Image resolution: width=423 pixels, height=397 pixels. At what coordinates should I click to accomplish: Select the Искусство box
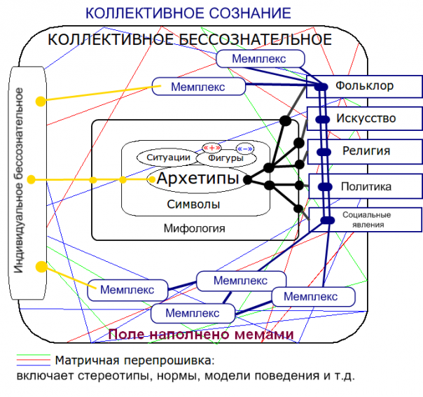click(x=366, y=118)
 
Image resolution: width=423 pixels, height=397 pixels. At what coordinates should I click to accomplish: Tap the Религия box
click(x=366, y=151)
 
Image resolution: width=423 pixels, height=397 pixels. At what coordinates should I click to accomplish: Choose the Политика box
click(x=366, y=187)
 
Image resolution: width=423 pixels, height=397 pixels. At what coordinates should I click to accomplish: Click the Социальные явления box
click(x=366, y=219)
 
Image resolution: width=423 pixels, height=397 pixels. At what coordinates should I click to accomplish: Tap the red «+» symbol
click(x=212, y=147)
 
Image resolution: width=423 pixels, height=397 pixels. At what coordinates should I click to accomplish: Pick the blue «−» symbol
click(x=245, y=148)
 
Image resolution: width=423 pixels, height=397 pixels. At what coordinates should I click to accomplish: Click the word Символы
click(x=194, y=204)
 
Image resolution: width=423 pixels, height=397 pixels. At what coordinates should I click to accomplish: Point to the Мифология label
click(x=194, y=228)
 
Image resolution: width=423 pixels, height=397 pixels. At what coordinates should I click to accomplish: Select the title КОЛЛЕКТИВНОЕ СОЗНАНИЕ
click(x=188, y=13)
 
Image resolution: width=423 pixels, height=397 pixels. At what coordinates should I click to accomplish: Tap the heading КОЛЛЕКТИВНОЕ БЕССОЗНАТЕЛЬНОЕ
click(x=189, y=40)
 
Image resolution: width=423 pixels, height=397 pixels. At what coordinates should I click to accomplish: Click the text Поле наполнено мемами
click(x=201, y=335)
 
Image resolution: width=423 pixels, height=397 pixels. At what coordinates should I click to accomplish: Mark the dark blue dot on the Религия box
click(x=324, y=151)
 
